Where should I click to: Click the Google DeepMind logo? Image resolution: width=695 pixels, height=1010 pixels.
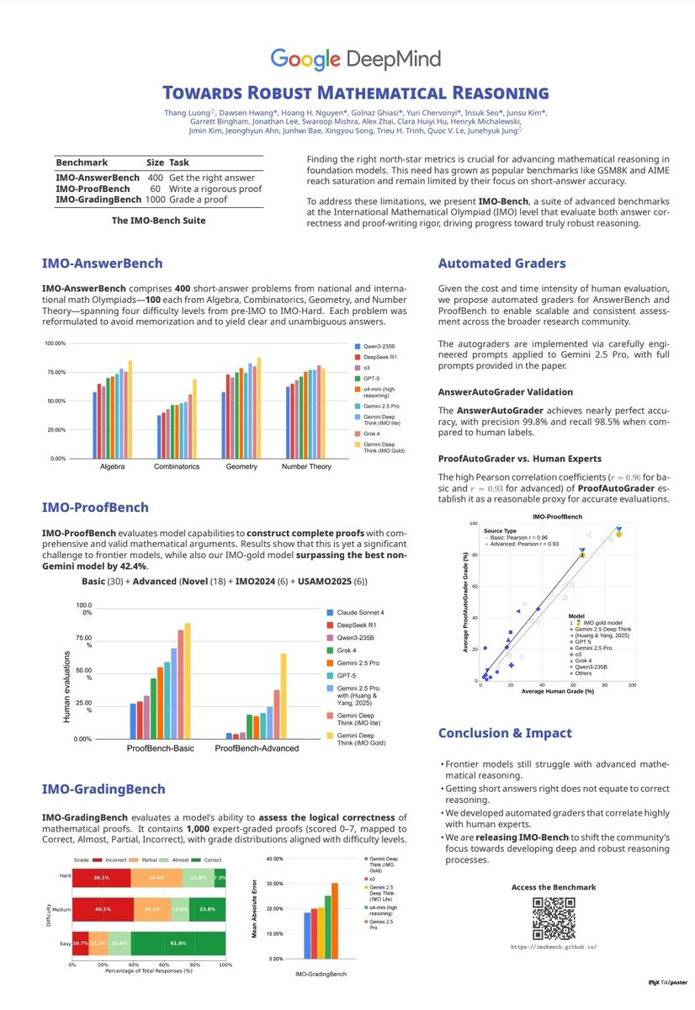coord(347,59)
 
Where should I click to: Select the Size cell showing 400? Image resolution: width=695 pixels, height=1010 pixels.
coord(155,178)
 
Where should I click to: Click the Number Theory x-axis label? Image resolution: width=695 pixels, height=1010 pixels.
coord(306,465)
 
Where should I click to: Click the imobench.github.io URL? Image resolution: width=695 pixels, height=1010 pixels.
coord(553,946)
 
